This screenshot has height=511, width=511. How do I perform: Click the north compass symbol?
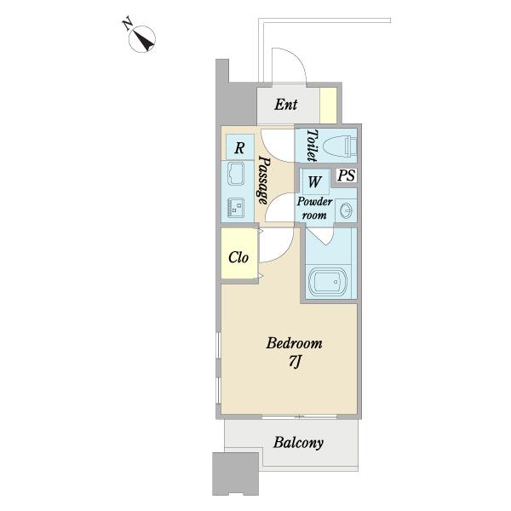(142, 39)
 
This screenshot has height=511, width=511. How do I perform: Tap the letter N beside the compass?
(127, 24)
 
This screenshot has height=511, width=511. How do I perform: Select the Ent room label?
(286, 105)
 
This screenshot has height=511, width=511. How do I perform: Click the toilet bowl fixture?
(340, 146)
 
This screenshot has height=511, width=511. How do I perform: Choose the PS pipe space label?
(346, 175)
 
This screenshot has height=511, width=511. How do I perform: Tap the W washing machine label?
(314, 181)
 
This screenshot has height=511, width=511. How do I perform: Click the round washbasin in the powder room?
(346, 210)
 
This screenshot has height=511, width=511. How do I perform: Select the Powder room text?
(314, 209)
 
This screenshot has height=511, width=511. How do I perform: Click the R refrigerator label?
(239, 148)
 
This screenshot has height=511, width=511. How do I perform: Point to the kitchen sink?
(236, 174)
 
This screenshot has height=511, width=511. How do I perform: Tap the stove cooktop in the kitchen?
(236, 207)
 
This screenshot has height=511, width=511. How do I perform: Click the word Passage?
(264, 180)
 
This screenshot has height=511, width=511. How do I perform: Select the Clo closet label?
(238, 257)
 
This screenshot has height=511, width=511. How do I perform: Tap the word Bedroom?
(294, 343)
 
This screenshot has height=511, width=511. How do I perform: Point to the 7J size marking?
(295, 361)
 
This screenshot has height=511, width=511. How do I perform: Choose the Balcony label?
(298, 443)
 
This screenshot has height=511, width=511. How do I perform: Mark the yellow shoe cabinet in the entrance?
(328, 106)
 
